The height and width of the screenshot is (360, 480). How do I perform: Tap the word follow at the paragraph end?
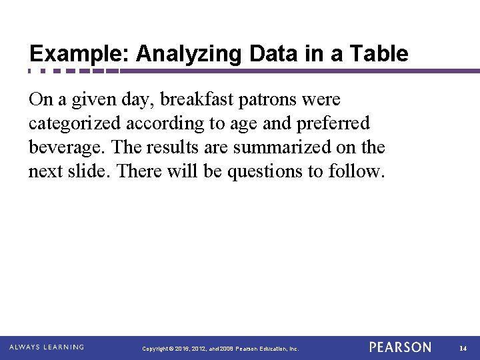click(357, 171)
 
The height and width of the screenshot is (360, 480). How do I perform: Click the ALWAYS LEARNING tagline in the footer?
click(47, 347)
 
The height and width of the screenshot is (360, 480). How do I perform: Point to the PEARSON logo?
click(400, 347)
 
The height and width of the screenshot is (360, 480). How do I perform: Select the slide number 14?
click(463, 348)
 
